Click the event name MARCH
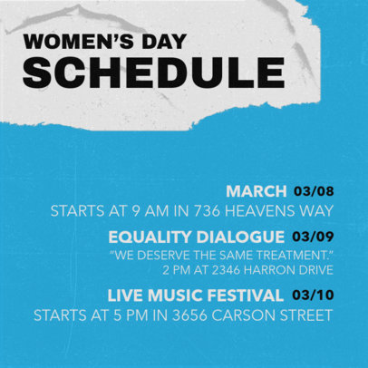tap(257, 191)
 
